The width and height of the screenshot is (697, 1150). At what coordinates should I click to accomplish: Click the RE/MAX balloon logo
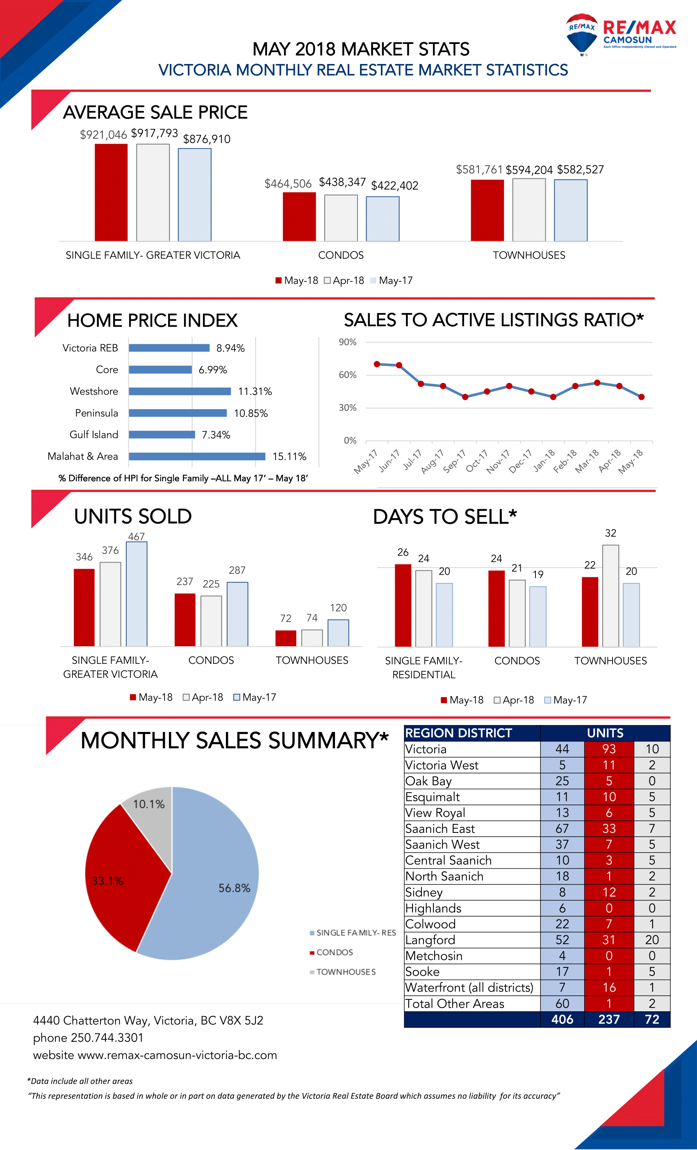coord(581,34)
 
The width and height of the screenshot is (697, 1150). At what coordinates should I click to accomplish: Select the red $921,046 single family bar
coord(111,192)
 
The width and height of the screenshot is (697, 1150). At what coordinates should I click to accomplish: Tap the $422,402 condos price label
coord(394,186)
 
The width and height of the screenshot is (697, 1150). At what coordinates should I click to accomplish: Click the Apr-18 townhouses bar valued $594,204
coord(528,210)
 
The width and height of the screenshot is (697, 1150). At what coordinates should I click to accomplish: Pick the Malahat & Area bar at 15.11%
coord(197,457)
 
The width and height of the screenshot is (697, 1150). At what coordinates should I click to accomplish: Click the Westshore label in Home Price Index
coord(94,391)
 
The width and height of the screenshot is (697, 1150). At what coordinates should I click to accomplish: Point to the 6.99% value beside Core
coord(213,370)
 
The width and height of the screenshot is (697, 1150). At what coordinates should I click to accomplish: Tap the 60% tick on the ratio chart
coord(348,375)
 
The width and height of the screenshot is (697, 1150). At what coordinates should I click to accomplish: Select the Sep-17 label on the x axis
coord(454,461)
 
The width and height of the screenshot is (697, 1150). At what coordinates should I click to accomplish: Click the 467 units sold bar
coord(137,594)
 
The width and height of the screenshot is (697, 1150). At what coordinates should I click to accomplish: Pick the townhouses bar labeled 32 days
coord(610,596)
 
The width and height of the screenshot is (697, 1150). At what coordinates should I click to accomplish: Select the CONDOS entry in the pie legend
coord(334,952)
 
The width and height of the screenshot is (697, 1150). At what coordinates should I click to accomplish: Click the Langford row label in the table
coord(430,940)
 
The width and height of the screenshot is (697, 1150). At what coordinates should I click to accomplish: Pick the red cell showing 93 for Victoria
coord(608,749)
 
